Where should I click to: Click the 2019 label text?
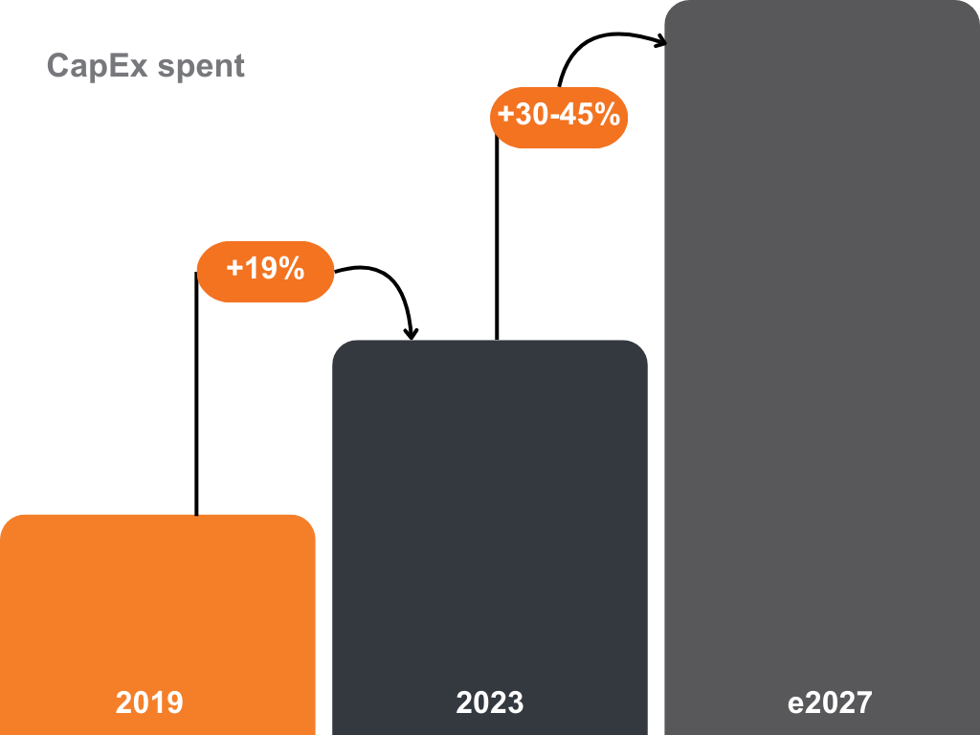click(149, 702)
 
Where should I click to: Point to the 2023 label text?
click(490, 702)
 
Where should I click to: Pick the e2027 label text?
click(830, 702)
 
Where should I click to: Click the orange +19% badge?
click(265, 271)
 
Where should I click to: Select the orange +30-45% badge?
click(559, 117)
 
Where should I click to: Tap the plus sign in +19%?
click(234, 269)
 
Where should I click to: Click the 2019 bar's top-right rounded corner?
click(307, 523)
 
